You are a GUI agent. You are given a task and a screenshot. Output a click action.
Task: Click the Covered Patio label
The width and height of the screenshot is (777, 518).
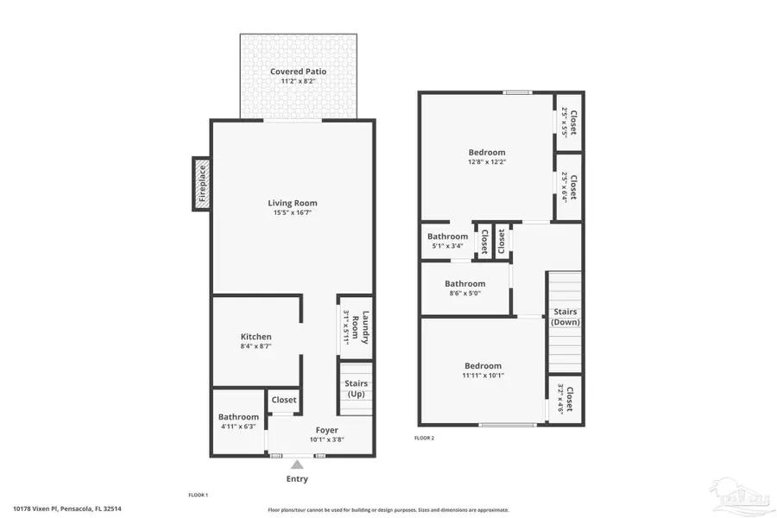point(298,71)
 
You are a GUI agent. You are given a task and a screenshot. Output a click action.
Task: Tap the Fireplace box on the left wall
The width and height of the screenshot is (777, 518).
point(202,184)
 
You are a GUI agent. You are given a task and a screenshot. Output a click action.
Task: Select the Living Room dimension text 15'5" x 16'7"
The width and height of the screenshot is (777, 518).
point(293,212)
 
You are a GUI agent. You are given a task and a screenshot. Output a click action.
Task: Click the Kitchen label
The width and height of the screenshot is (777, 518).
point(256,337)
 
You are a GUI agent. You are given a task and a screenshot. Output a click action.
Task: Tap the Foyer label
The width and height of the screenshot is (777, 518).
point(326,429)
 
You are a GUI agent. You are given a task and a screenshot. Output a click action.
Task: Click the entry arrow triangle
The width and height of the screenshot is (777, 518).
point(296,464)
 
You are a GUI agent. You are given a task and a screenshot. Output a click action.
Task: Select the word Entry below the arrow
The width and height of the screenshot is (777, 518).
point(296,479)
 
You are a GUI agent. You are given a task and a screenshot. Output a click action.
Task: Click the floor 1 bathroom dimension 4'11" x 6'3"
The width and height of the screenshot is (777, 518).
point(238,426)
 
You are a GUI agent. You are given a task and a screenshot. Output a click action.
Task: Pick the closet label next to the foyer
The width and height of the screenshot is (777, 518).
point(284,400)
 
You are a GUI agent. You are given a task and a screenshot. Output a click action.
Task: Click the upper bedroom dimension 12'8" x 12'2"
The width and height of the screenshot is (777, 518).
point(486,162)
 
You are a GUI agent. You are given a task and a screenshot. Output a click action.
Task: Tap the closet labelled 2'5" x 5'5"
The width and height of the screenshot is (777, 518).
point(568,122)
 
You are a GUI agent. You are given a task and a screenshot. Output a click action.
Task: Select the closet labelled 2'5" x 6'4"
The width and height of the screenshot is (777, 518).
point(568,186)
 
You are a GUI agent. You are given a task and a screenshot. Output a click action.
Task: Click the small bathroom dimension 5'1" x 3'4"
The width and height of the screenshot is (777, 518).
point(447,246)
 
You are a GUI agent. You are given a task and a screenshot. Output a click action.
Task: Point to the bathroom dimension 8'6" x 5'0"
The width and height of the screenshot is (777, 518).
point(464,294)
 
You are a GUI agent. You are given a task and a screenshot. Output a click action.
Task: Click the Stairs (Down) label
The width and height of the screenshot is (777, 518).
point(565,317)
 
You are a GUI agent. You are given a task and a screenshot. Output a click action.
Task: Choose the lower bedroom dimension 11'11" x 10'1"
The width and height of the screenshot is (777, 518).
point(482,376)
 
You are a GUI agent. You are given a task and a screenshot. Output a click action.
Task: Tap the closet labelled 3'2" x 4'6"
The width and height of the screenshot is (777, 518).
point(565,399)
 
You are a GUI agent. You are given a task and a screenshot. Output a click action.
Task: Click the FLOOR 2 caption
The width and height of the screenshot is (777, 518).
point(424,438)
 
